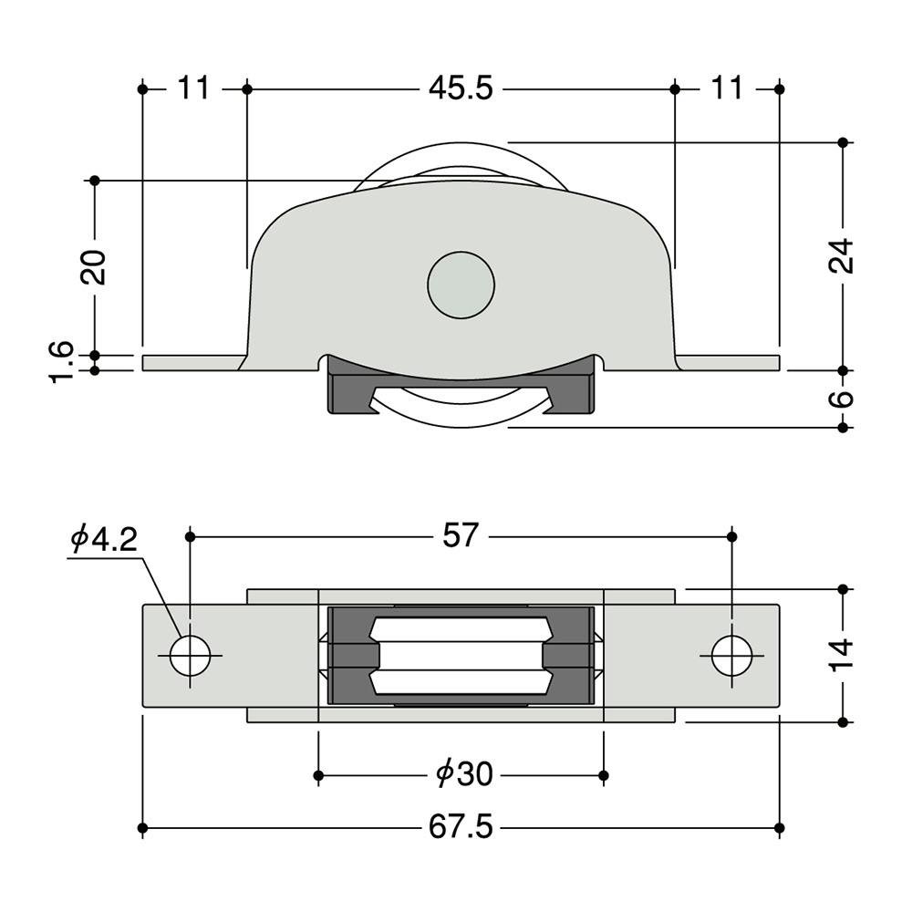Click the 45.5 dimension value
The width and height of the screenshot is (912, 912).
coord(461,89)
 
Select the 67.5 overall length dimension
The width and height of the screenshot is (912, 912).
coord(461,827)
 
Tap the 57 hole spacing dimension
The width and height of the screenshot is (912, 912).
coord(461,535)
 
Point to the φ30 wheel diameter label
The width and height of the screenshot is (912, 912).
coord(464,774)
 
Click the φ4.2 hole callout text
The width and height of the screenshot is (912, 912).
coord(104,540)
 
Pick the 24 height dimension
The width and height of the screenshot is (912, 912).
coord(841,255)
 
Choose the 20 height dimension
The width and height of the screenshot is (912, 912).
coord(94,267)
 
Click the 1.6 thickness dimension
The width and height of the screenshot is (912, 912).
coord(61,362)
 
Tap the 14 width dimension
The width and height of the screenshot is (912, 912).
coord(841,656)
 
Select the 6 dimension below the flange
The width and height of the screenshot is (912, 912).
coord(842,399)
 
